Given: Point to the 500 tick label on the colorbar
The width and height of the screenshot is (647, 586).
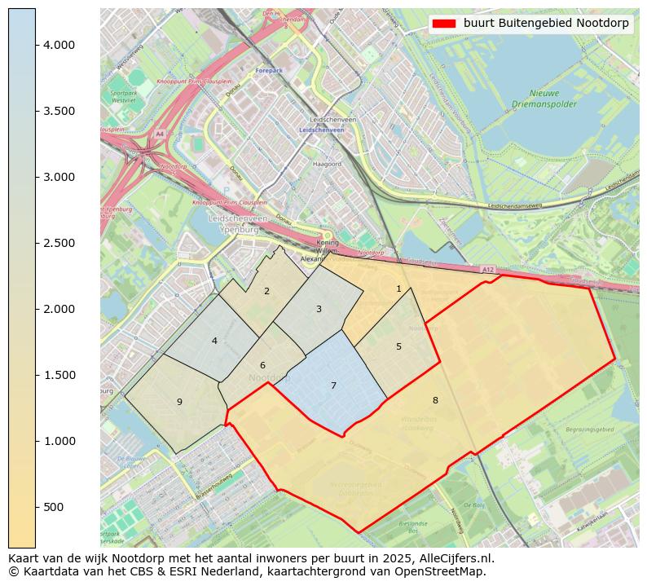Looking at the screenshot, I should pyautogui.click(x=55, y=507).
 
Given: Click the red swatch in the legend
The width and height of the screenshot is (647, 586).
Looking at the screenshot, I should pyautogui.click(x=444, y=24).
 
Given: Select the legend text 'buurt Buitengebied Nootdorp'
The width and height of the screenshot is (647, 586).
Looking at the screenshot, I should pyautogui.click(x=546, y=24).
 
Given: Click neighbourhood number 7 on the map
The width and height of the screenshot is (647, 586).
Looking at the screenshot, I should pyautogui.click(x=333, y=386).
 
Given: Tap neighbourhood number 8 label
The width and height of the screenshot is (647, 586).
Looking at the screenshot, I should pyautogui.click(x=435, y=400).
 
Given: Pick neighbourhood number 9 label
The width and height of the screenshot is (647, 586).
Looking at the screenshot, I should pyautogui.click(x=179, y=402).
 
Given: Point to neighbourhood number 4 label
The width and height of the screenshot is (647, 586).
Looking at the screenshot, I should pyautogui.click(x=214, y=341).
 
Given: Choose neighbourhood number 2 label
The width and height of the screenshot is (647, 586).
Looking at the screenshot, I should pyautogui.click(x=266, y=291).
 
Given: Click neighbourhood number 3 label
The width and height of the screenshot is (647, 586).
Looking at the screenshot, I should pyautogui.click(x=319, y=309).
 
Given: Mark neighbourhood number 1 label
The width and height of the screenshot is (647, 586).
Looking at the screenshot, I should pyautogui.click(x=398, y=289).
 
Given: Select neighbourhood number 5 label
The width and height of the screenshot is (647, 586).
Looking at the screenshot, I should pyautogui.click(x=398, y=346).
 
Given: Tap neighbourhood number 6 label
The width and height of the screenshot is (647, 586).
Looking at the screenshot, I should pyautogui.click(x=262, y=365).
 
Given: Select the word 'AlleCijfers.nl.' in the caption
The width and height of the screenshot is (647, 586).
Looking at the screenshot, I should pyautogui.click(x=453, y=558).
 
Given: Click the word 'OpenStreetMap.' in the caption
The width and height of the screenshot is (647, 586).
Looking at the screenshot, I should pyautogui.click(x=444, y=571).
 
